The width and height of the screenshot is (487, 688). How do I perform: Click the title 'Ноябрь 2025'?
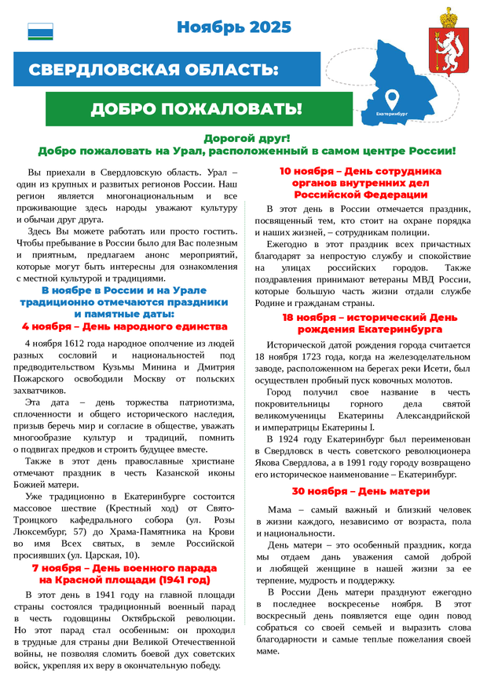233,27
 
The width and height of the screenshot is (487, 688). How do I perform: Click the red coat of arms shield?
445,49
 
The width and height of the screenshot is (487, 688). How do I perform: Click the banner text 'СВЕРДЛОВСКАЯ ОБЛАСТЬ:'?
153,71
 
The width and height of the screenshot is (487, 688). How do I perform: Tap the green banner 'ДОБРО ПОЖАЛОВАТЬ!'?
196,108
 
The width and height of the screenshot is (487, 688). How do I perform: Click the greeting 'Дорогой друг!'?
247,138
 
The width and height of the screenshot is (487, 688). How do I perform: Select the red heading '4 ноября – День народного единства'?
125,326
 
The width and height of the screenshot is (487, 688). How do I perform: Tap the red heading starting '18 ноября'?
361,323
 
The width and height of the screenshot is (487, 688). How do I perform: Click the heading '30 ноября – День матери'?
361,491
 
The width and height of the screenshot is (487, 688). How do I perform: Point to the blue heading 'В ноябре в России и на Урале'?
125,290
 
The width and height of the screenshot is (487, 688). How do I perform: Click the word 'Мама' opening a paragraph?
280,509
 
